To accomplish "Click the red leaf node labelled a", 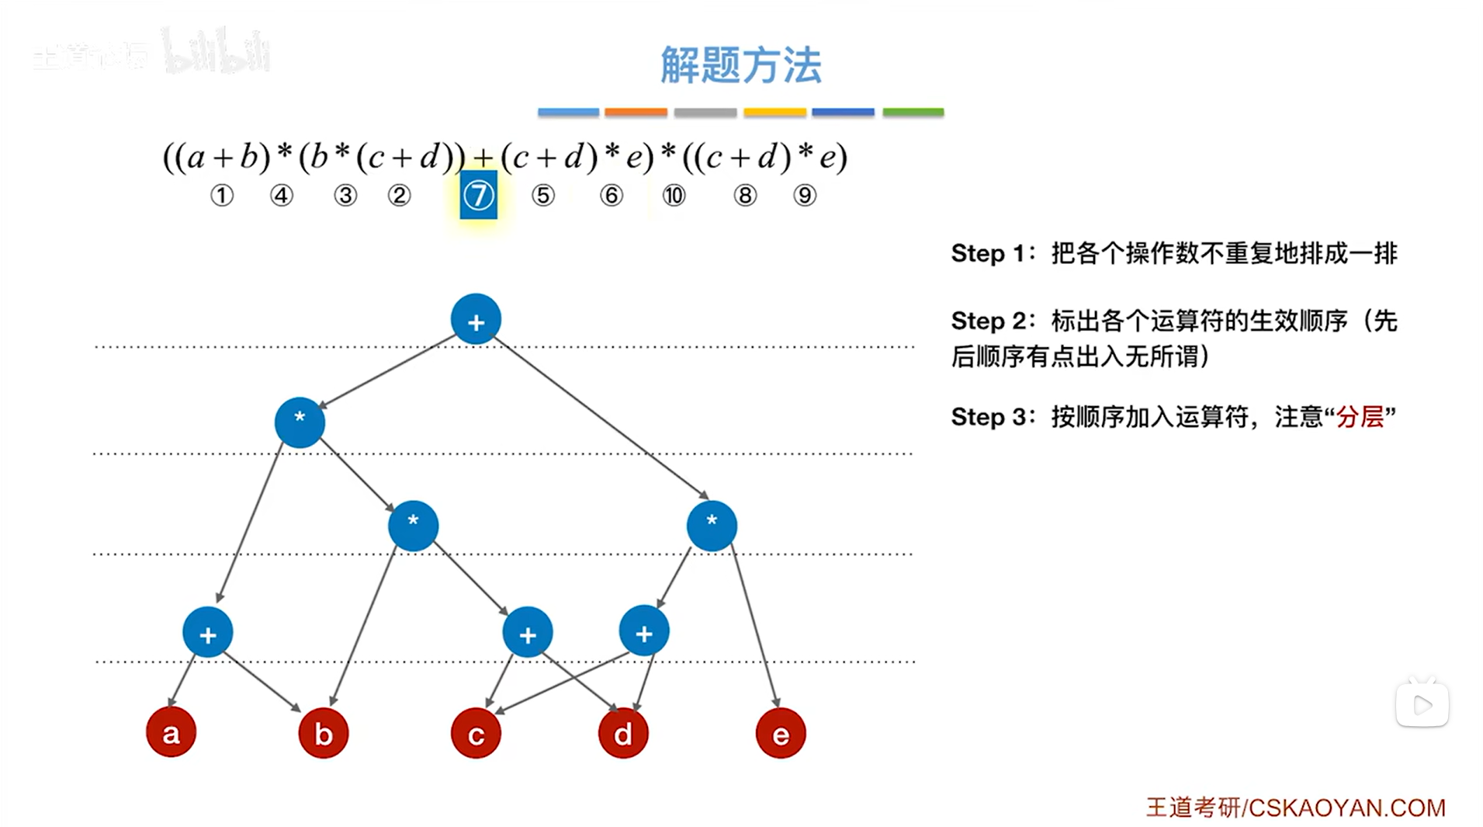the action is click(171, 731).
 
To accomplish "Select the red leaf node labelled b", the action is click(324, 732).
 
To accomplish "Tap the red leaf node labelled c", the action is click(476, 733).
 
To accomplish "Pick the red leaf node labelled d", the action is click(623, 733).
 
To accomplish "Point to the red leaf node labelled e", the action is click(781, 733).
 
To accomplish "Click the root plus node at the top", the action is click(476, 319).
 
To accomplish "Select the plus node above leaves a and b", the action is click(207, 633).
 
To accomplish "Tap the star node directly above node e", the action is click(712, 525).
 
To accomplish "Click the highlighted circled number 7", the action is click(478, 196).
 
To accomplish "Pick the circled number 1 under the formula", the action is click(222, 196).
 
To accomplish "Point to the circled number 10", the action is click(674, 196).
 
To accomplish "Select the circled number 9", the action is click(805, 196).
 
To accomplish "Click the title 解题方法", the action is click(740, 64).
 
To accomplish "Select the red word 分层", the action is click(1360, 417).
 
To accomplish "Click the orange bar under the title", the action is click(636, 113).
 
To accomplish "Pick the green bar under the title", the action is click(913, 113).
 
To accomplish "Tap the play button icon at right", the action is click(1422, 705).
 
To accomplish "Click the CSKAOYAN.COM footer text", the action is click(1346, 808).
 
